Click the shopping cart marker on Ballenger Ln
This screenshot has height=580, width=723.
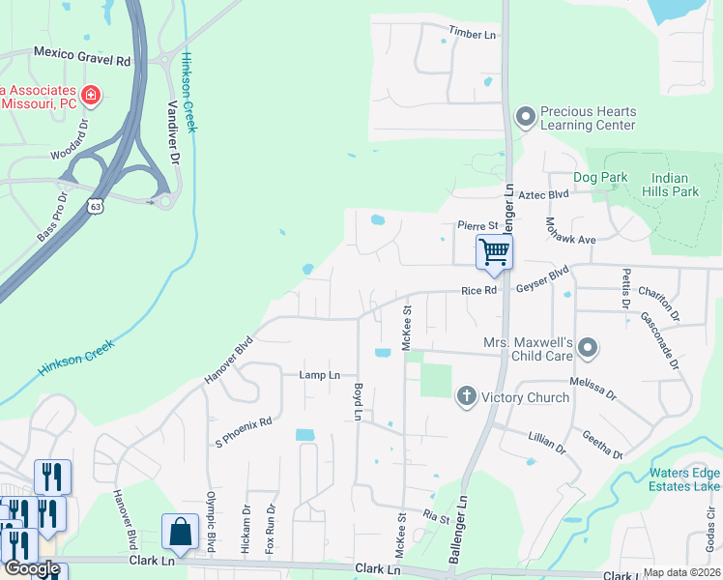[494, 253]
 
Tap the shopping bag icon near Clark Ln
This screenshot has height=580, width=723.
[181, 531]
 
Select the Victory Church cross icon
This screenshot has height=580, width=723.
[466, 394]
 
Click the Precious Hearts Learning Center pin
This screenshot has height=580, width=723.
[526, 117]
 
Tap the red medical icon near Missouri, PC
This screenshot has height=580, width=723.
[91, 95]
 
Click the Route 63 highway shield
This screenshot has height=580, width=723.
[94, 205]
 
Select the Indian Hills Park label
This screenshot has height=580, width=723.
[675, 185]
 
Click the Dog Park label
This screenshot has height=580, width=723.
[600, 177]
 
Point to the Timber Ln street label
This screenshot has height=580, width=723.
[472, 35]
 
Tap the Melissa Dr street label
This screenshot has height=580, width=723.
[593, 388]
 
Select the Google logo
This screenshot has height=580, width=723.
[32, 568]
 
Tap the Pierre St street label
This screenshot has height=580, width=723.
[477, 225]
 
